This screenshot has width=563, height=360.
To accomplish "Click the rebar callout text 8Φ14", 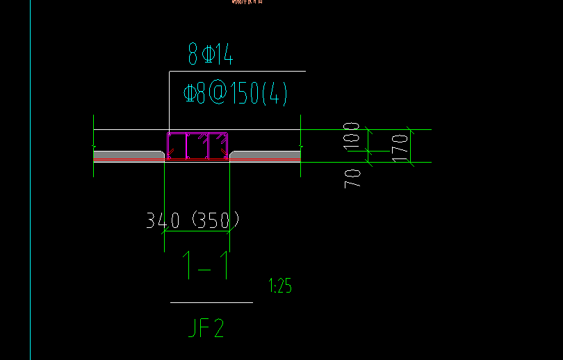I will (x=210, y=54).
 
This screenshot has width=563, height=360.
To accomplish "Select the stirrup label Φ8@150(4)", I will (x=235, y=93).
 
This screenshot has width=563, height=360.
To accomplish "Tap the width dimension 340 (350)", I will (x=193, y=220).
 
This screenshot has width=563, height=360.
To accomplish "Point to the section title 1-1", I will (x=205, y=265).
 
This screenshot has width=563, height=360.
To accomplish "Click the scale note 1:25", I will (x=279, y=286).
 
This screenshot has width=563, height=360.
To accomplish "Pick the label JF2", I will (x=206, y=327).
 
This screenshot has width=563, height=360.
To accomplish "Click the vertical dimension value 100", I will (x=352, y=136).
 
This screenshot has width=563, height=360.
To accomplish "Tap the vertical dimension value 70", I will (x=352, y=177).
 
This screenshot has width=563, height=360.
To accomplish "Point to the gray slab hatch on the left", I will (x=129, y=154).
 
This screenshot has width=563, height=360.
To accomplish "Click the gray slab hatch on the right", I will (x=266, y=154).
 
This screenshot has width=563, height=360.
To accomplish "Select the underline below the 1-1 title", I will (x=211, y=302).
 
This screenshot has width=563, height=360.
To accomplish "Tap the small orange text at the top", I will (x=247, y=2).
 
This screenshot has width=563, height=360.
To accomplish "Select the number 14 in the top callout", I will (x=224, y=54).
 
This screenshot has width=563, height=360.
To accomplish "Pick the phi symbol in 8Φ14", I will (x=207, y=54).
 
